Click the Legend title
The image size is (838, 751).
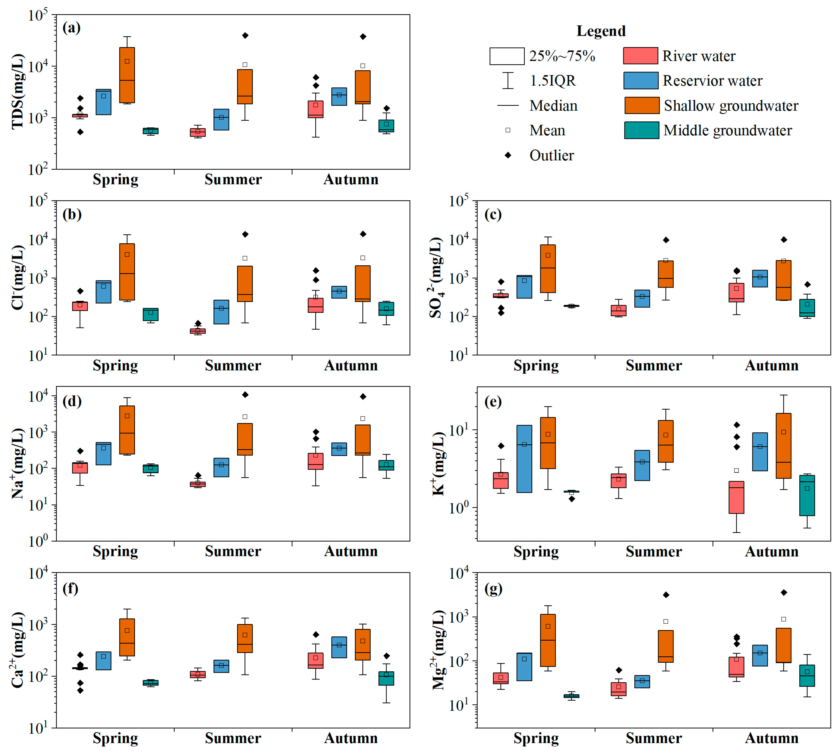[x=600, y=31]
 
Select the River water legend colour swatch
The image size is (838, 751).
[x=640, y=56]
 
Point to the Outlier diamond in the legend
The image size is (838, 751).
[x=508, y=155]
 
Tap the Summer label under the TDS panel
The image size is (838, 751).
[x=233, y=179]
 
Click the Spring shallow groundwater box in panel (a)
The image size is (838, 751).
[x=127, y=75]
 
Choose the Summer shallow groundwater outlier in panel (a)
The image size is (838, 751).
[x=245, y=36]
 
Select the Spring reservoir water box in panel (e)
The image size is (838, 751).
[x=524, y=459]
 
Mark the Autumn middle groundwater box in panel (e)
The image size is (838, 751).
[x=807, y=495]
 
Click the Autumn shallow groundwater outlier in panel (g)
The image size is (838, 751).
[x=784, y=593]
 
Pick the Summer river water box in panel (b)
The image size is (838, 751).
[x=198, y=331]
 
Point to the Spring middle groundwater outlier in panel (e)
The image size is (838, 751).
[x=571, y=499]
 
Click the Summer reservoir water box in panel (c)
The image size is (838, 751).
[x=642, y=298]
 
